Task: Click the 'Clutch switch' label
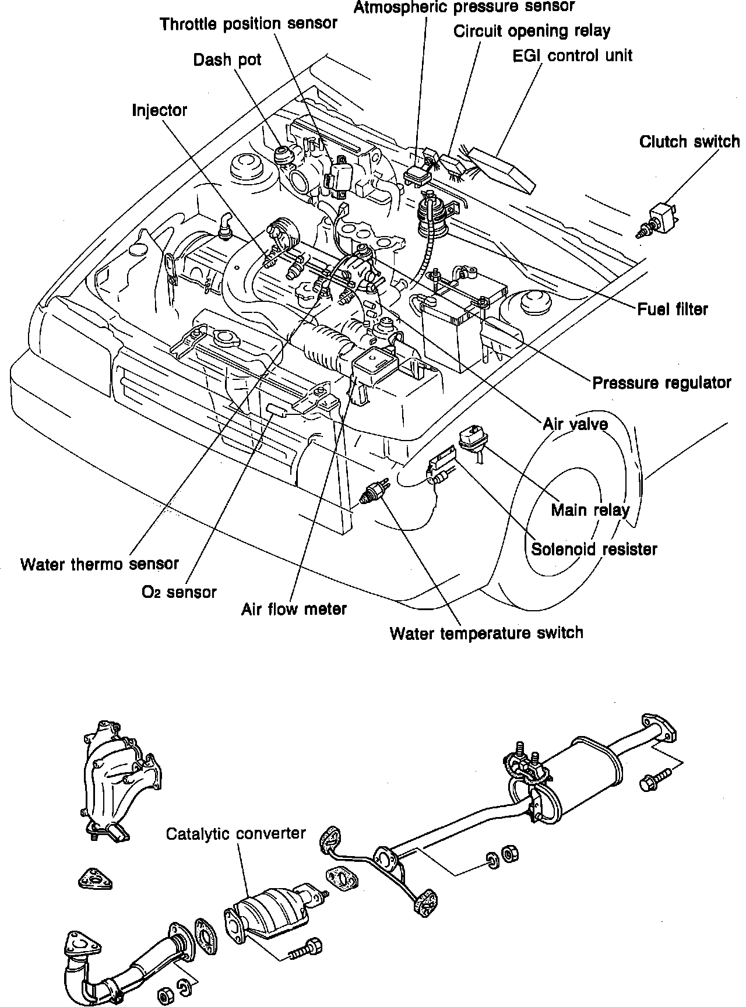pyautogui.click(x=689, y=142)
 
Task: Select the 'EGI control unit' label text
pyautogui.click(x=572, y=56)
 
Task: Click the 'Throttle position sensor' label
pyautogui.click(x=249, y=24)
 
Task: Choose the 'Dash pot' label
pyautogui.click(x=227, y=59)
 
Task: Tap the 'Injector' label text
pyautogui.click(x=159, y=110)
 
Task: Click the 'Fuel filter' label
pyautogui.click(x=672, y=309)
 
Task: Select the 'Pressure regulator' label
pyautogui.click(x=661, y=383)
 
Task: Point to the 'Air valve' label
pyautogui.click(x=575, y=424)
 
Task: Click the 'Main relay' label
pyautogui.click(x=590, y=510)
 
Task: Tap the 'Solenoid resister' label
pyautogui.click(x=594, y=549)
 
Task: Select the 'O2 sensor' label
pyautogui.click(x=179, y=592)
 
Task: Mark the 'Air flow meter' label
pyautogui.click(x=294, y=609)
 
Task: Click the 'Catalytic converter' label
pyautogui.click(x=235, y=833)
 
